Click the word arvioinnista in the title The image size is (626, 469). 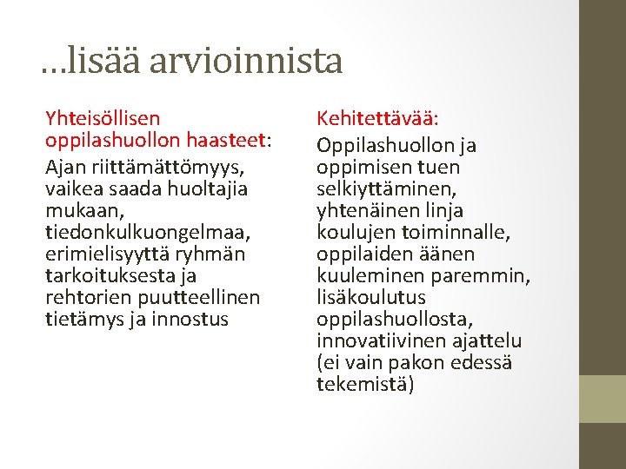pyautogui.click(x=246, y=61)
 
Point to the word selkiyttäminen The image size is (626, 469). pyautogui.click(x=383, y=188)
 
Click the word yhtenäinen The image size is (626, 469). pyautogui.click(x=366, y=210)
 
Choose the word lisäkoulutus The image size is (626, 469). pyautogui.click(x=371, y=297)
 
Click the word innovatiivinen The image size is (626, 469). pyautogui.click(x=382, y=340)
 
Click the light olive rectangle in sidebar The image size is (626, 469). pyautogui.click(x=603, y=399)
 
